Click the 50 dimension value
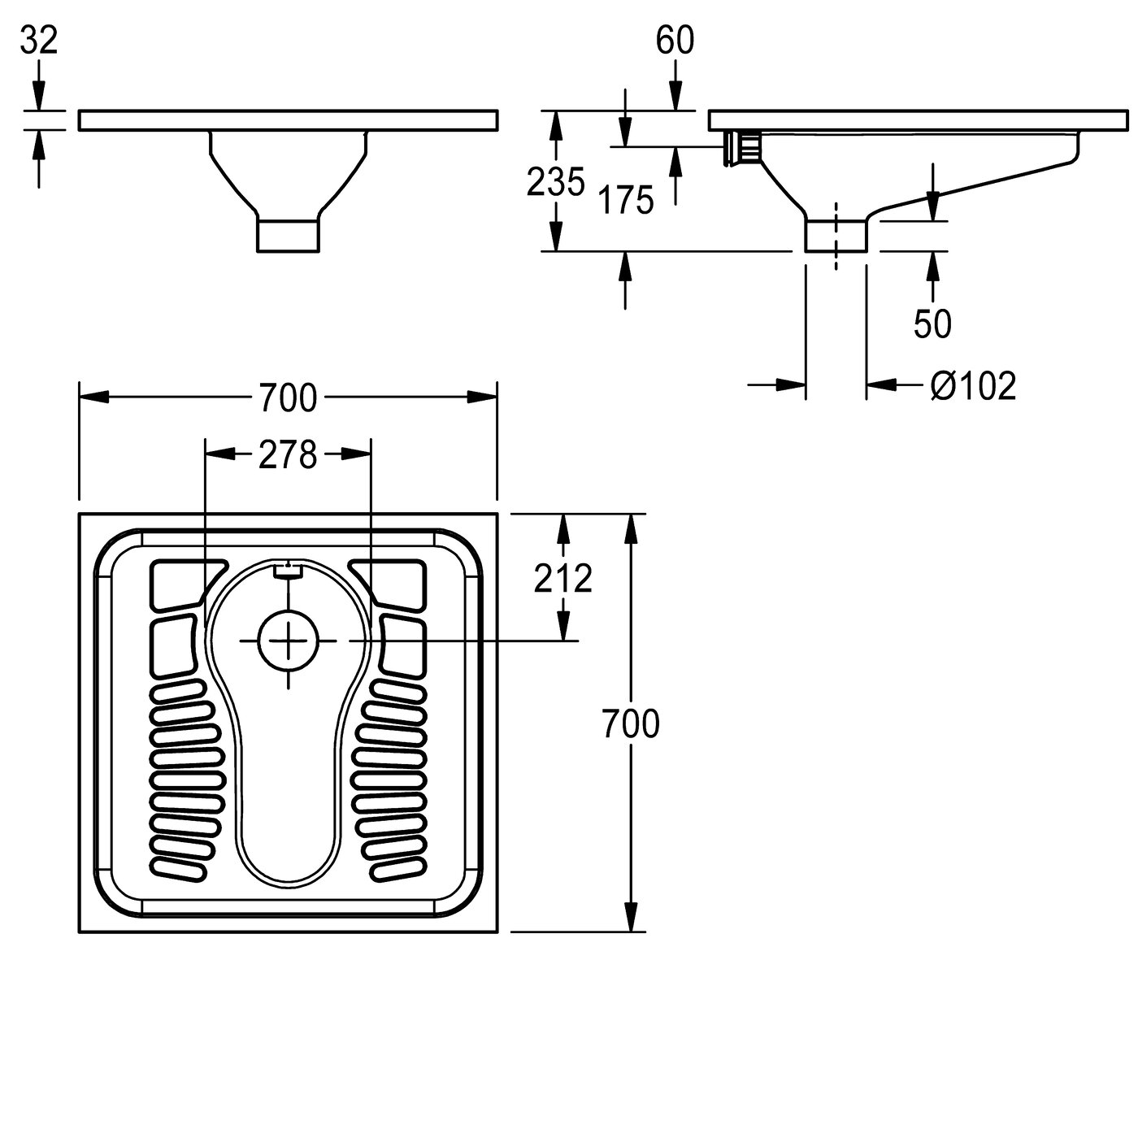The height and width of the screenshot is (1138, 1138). coord(932,324)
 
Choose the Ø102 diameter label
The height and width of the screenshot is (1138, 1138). coord(973,386)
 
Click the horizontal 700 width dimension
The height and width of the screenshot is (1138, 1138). coord(288,397)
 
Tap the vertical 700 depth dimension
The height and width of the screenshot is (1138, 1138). coord(630,723)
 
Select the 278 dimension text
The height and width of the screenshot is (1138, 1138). coord(288,456)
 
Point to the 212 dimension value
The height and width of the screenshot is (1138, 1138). coord(562,578)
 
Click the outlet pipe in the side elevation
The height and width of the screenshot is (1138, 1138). coord(836,234)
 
